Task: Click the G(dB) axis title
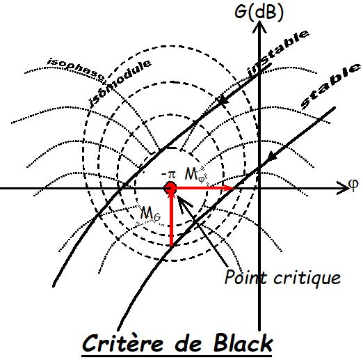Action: coord(259,12)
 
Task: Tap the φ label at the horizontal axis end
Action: coord(353,185)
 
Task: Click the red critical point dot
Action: coord(170,187)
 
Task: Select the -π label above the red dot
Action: coord(169,175)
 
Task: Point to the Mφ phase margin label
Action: coord(195,175)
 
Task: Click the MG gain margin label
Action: coord(151,213)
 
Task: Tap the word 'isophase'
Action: coord(76,70)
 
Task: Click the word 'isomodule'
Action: coord(120,83)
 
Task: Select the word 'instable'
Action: coord(277,54)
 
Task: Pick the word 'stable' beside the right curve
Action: coord(330,86)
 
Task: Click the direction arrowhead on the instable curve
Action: coord(223,100)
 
